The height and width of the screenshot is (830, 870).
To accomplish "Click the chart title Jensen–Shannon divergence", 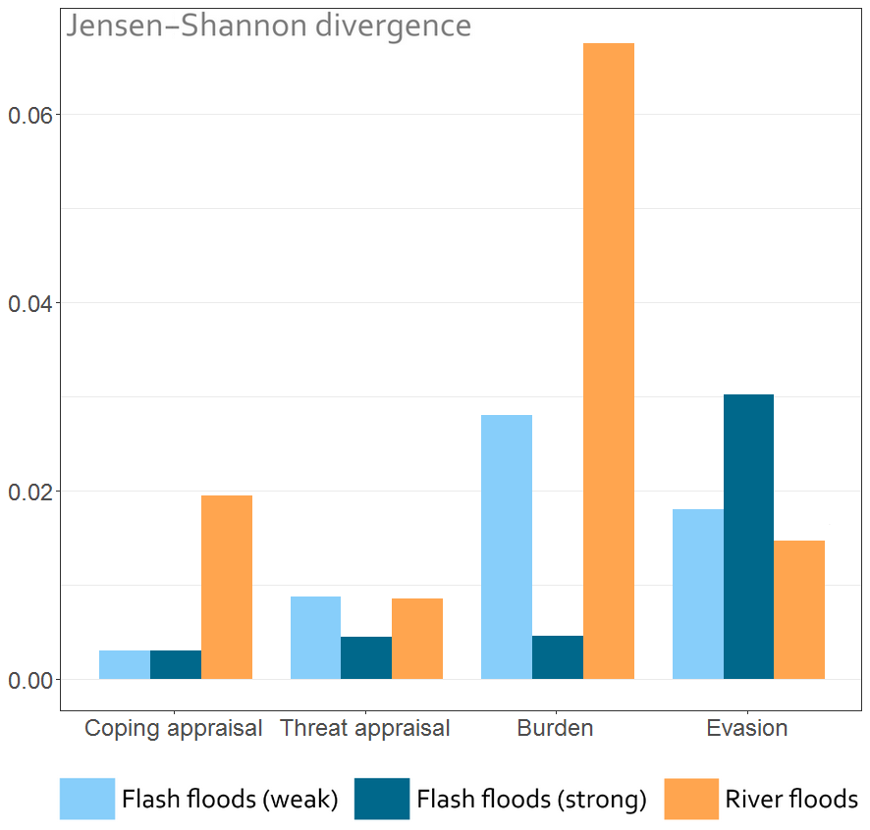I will point(269,26).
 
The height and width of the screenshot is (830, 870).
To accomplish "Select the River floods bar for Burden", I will point(609,361).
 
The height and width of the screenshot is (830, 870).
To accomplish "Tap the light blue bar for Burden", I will point(507,546).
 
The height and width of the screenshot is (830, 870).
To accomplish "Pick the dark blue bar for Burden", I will point(558,657).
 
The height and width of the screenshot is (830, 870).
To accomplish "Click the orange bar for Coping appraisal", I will point(227,587).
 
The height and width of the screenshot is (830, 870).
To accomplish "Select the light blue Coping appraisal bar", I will point(125,664).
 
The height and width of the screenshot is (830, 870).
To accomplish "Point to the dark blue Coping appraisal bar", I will point(176,664).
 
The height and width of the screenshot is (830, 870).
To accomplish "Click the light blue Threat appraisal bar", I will point(315,638).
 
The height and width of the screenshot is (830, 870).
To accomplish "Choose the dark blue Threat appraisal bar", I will point(366,657).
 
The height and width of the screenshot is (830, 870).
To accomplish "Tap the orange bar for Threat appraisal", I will point(417,639).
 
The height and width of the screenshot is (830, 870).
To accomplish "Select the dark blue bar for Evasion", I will point(748,537).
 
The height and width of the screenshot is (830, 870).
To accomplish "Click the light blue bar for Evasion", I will point(698,594).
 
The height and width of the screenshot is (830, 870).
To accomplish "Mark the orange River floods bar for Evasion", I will point(799,609).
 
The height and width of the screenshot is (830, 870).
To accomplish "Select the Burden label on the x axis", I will point(556,728).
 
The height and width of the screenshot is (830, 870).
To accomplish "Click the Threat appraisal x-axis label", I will point(365,728).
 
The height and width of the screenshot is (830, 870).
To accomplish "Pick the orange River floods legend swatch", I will point(691,799).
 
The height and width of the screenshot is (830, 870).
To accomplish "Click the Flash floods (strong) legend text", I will point(531,800).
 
